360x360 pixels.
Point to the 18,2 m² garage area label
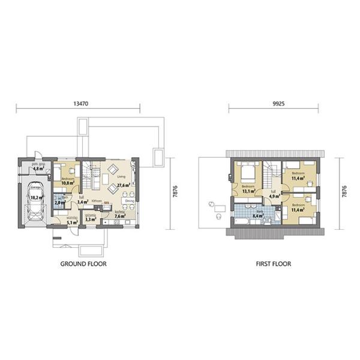coord(35,196)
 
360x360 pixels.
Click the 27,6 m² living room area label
coord(124,186)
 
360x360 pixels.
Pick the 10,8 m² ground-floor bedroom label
coord(67,183)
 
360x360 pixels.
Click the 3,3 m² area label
coord(91,220)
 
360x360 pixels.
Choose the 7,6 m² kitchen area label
coord(119,217)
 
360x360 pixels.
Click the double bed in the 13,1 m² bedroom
coord(246,173)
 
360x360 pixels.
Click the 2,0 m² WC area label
coord(59,203)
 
